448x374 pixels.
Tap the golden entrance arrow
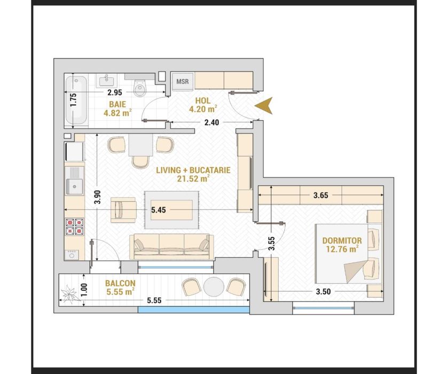click(264, 106)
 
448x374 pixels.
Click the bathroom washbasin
click(105, 81)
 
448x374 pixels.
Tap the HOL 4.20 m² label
click(203, 104)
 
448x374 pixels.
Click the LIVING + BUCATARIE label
click(193, 174)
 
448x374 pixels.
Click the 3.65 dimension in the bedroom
click(320, 196)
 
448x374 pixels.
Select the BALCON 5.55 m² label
click(119, 287)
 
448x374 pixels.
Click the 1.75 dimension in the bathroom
click(74, 100)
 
